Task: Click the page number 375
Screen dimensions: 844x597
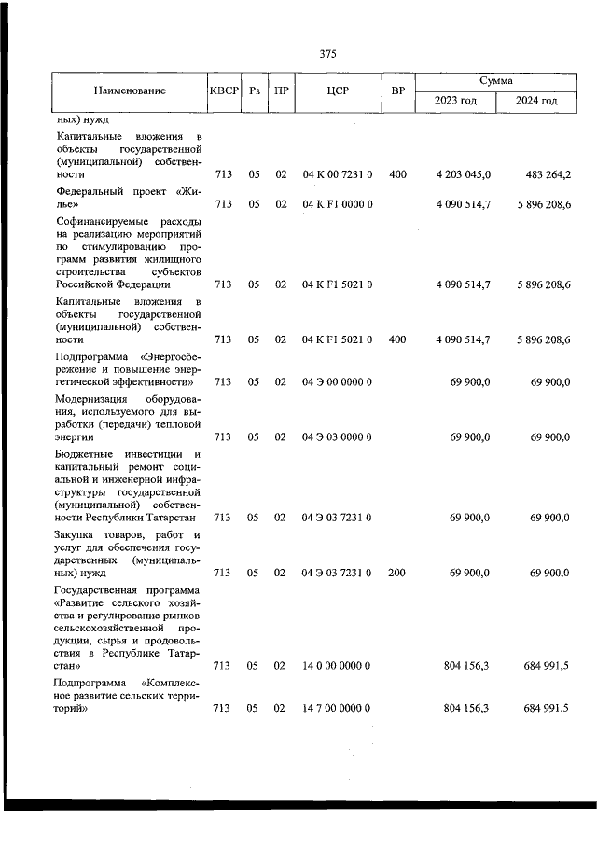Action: pyautogui.click(x=327, y=53)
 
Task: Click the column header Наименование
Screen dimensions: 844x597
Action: pyautogui.click(x=130, y=91)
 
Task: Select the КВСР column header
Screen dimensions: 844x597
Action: pyautogui.click(x=224, y=91)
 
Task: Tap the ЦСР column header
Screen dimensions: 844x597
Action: pyautogui.click(x=338, y=91)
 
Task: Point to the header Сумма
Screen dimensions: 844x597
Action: pyautogui.click(x=496, y=81)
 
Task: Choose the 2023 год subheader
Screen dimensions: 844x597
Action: pyautogui.click(x=456, y=101)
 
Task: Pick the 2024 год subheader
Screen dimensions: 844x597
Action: pyautogui.click(x=536, y=101)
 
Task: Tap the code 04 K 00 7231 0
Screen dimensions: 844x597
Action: pyautogui.click(x=338, y=174)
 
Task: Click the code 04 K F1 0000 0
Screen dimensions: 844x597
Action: pyautogui.click(x=338, y=204)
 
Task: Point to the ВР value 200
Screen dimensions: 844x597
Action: pyautogui.click(x=396, y=573)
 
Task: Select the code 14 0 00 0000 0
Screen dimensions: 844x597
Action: pyautogui.click(x=338, y=666)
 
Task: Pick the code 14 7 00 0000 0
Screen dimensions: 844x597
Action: pyautogui.click(x=338, y=709)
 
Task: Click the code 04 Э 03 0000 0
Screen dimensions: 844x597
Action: pyautogui.click(x=338, y=436)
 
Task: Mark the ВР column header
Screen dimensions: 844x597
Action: pyautogui.click(x=398, y=91)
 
